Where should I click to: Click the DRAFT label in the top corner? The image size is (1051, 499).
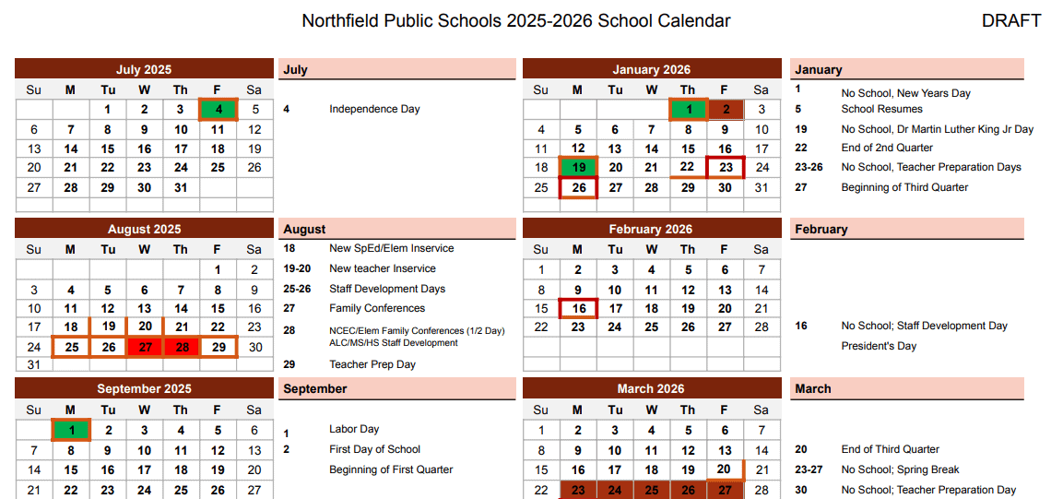[x=1011, y=21]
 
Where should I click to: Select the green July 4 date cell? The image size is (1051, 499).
[x=218, y=109]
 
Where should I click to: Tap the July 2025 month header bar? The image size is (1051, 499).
[x=144, y=69]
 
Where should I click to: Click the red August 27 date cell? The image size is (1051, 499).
[x=144, y=347]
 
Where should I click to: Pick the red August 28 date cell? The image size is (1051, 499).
[x=181, y=347]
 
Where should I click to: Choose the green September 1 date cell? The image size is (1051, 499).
[x=71, y=430]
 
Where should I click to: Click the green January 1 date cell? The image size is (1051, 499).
[x=688, y=110]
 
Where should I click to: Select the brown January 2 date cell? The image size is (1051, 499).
[x=725, y=110]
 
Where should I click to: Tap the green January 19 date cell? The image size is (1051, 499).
[x=578, y=168]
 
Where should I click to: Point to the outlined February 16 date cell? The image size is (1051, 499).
[x=578, y=308]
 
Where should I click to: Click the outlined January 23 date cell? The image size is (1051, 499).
[x=726, y=168]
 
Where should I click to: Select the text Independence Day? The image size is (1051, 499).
[x=374, y=109]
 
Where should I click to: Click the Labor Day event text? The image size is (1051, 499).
[x=354, y=429]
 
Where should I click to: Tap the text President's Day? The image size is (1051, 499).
[x=879, y=346]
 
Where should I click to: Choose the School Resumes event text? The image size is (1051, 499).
[x=881, y=109]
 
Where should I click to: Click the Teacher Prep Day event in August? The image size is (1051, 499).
[x=372, y=364]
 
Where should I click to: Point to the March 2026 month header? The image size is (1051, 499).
[x=651, y=388]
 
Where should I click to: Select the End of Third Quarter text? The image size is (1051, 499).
[x=890, y=449]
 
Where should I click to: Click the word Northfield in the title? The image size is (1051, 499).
[x=338, y=21]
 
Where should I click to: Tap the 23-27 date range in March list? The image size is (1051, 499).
[x=809, y=469]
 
